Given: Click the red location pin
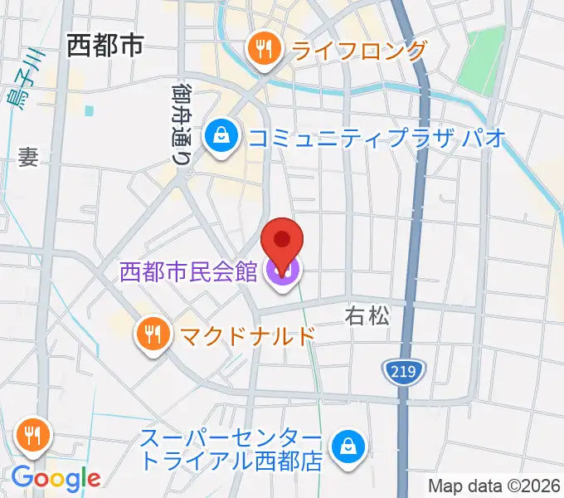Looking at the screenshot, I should [282, 242].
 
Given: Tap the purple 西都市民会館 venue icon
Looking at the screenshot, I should [282, 271].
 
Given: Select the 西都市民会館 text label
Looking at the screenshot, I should [188, 271].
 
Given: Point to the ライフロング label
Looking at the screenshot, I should [358, 51].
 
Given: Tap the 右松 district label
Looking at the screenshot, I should [367, 315].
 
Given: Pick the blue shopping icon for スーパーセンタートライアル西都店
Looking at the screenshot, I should [347, 448].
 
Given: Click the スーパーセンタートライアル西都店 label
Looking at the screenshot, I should [231, 449].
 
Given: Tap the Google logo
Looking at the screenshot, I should [56, 478].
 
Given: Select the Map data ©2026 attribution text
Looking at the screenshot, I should [494, 486].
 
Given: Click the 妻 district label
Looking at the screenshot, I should [28, 157].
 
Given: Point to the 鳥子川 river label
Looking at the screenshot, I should [32, 75].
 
